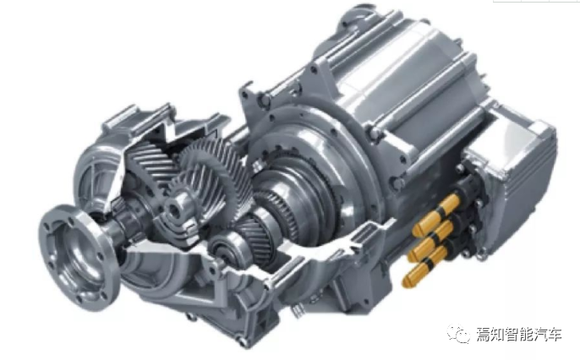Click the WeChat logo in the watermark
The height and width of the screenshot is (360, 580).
pos(458,334)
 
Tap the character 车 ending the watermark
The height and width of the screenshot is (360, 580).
pos(554,335)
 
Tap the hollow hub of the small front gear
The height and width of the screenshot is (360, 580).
pos(175,210)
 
